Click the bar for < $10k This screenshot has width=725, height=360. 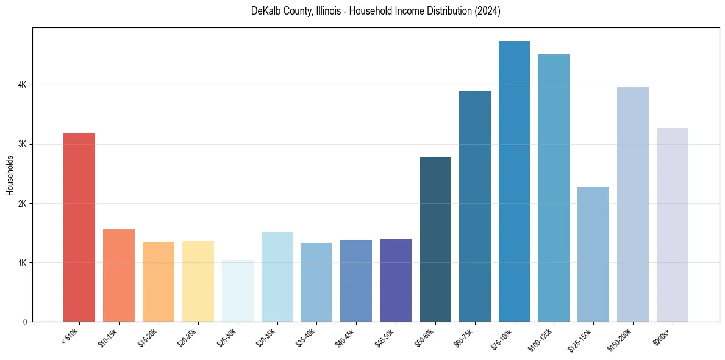(x=79, y=227)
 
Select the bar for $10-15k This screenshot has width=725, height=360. (x=119, y=275)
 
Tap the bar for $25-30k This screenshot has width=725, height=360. (x=237, y=290)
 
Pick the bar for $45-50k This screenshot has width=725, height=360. (x=396, y=280)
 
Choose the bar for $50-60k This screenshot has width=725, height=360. (x=435, y=239)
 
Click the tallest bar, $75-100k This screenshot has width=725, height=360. (x=514, y=181)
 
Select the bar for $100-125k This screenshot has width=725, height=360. (x=554, y=188)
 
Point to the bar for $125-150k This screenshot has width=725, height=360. (x=593, y=254)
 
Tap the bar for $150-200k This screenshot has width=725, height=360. (x=633, y=204)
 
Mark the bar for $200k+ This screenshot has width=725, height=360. (x=673, y=225)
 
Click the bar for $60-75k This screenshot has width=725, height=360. (x=475, y=206)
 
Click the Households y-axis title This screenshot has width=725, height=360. (x=10, y=175)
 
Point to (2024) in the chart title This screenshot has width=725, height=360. (x=487, y=12)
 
